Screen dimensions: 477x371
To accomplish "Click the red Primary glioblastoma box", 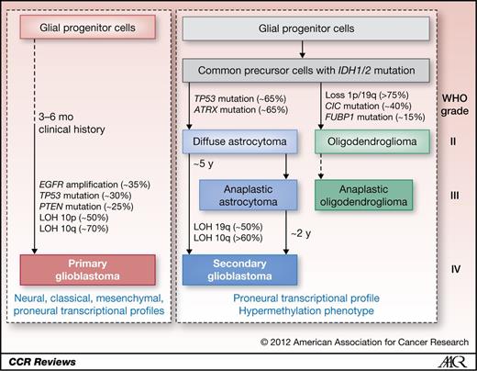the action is (88, 270).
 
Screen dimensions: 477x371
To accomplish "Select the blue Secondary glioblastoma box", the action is (239, 270).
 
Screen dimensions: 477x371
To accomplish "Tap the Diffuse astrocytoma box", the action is (239, 141).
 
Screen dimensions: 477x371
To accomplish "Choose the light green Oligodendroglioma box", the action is (372, 141).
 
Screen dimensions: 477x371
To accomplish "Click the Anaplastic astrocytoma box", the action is (248, 195).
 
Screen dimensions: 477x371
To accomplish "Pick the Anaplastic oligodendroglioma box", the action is (363, 195).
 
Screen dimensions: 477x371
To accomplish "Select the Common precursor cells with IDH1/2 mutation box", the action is (306, 71).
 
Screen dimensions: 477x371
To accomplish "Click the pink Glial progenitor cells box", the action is (88, 28).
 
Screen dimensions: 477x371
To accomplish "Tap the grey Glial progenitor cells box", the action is (306, 28).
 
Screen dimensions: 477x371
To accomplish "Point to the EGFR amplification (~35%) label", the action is (94, 185).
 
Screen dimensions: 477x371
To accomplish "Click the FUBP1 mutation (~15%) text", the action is (375, 117).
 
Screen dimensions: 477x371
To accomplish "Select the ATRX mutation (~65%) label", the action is (241, 109).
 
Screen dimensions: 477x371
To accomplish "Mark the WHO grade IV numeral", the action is (456, 269).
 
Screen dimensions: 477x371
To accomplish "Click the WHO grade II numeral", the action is (453, 141).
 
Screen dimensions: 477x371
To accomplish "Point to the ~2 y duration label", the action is (301, 233).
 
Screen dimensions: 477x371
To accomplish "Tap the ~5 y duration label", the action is (204, 163).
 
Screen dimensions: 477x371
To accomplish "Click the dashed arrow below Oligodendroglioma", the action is (321, 166).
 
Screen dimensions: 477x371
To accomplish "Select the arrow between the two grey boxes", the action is (303, 50).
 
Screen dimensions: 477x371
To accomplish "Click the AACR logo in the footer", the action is (452, 362).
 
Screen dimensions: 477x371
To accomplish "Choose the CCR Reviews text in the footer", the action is (42, 362).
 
